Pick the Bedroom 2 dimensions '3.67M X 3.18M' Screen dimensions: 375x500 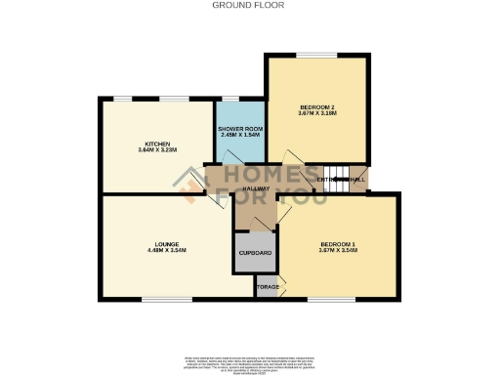click(317, 113)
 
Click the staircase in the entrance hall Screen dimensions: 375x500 click(354, 179)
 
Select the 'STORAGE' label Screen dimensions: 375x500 click(267, 287)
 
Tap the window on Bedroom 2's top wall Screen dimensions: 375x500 click(315, 55)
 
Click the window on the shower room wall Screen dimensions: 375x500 click(232, 98)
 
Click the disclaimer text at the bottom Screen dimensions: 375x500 click(250, 360)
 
